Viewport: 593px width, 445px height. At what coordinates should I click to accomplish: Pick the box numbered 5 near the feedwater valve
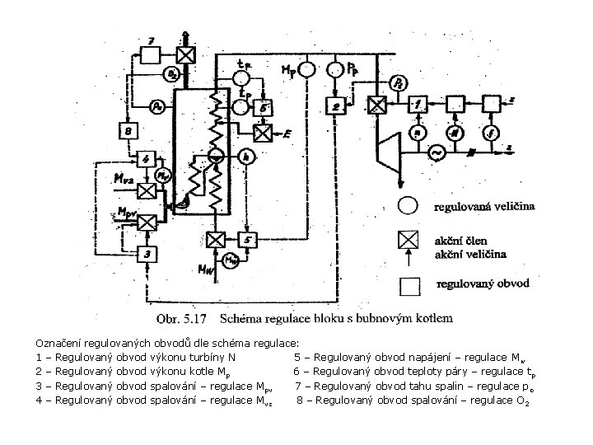pos(250,240)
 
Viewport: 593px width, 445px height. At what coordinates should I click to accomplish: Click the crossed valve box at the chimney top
pos(188,54)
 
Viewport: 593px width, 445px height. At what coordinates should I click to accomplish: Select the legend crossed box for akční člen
pos(409,240)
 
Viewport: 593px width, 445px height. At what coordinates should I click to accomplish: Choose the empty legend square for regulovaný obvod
pos(409,285)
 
